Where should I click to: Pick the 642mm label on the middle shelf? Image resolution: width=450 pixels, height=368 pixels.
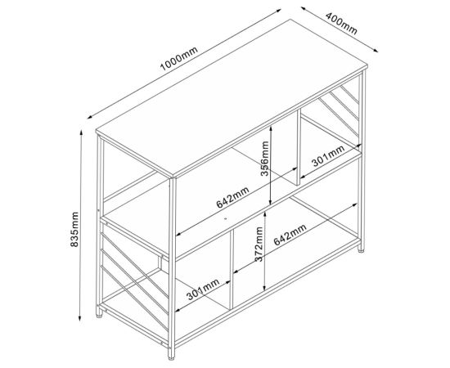[x=232, y=197]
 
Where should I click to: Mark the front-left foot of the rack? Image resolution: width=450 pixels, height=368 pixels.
[x=101, y=316]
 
